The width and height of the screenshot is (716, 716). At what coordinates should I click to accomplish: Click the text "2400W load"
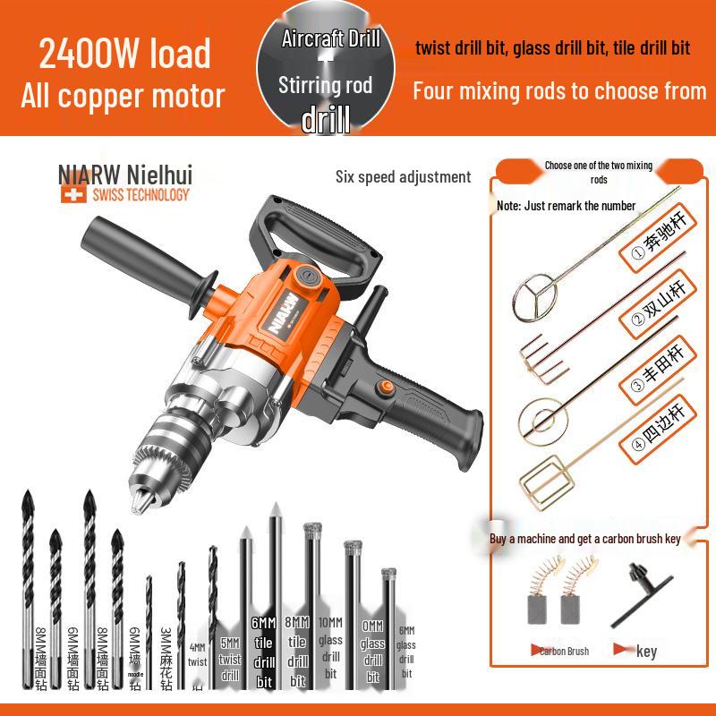pos(124,53)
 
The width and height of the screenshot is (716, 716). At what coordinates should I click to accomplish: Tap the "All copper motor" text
pos(123,96)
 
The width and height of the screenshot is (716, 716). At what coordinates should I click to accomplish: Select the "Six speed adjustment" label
pos(403,176)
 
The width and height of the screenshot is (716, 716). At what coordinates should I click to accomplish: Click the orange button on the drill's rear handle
pos(387,388)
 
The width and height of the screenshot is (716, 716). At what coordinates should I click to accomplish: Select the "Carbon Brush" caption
pos(564,651)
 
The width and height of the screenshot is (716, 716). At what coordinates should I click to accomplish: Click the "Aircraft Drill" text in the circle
pos(330,38)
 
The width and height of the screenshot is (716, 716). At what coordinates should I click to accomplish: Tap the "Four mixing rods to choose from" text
pos(559,90)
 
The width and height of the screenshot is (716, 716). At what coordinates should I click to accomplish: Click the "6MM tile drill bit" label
pos(263,652)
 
